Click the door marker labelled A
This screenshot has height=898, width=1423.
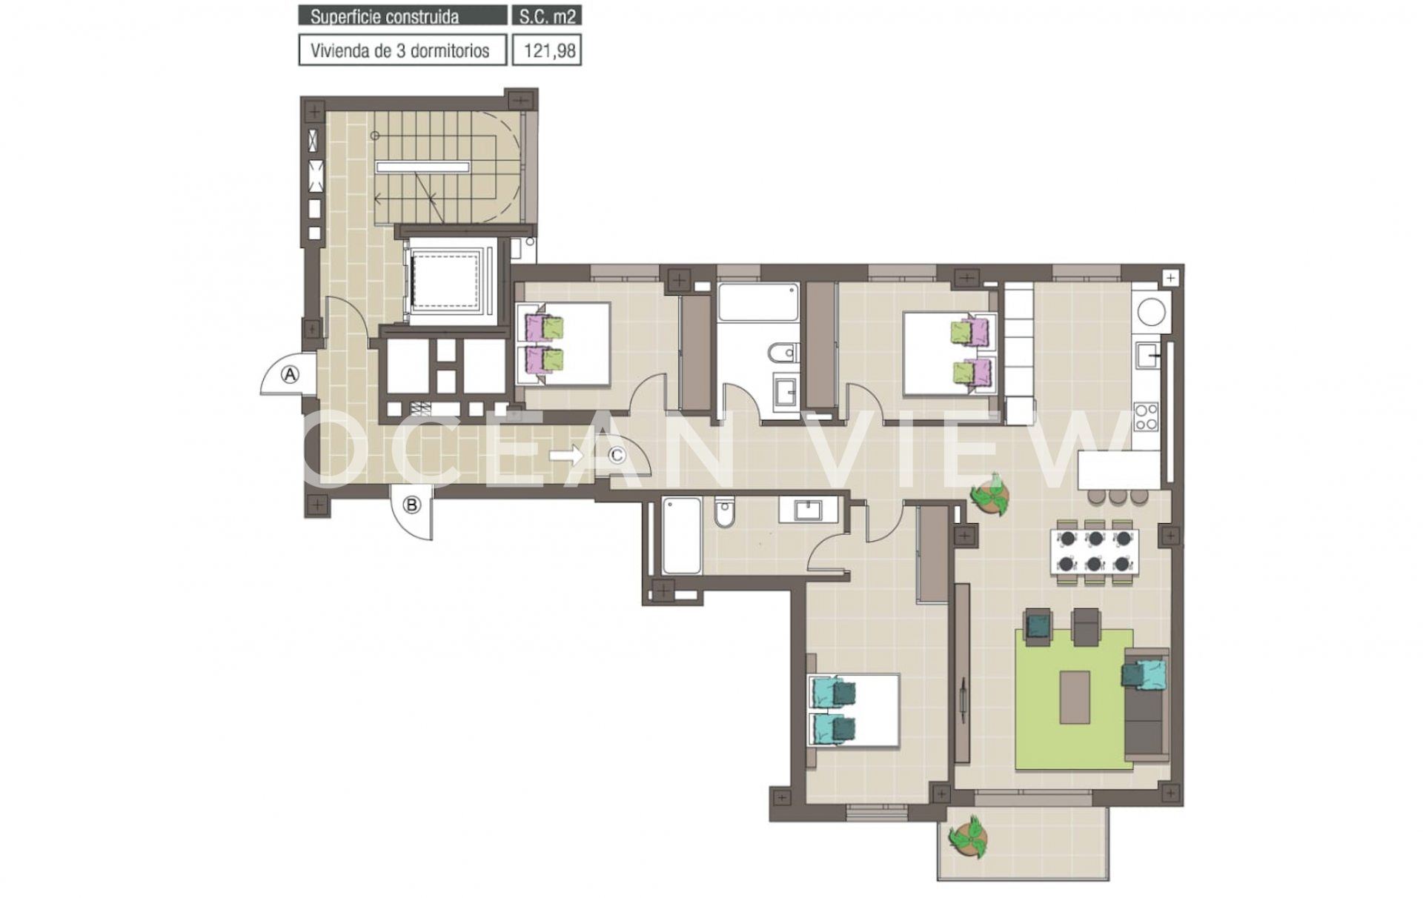point(290,375)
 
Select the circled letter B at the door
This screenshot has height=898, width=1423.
point(411,505)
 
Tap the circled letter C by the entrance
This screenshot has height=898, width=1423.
point(617,456)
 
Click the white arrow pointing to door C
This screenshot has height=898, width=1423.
point(567,456)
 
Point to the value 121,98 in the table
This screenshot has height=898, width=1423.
point(549,51)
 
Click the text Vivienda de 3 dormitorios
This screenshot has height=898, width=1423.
point(400,51)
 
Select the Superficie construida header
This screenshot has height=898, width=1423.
point(385,16)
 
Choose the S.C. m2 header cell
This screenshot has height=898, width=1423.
point(547,16)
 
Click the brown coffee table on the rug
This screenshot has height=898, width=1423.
point(1075,697)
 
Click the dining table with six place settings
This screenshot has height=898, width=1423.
point(1095,551)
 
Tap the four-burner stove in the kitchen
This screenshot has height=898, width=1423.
point(1146,416)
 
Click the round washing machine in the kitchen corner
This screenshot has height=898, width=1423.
point(1151,311)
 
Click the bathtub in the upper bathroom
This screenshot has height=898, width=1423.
point(758,302)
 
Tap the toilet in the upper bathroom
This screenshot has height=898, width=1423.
point(783,353)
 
